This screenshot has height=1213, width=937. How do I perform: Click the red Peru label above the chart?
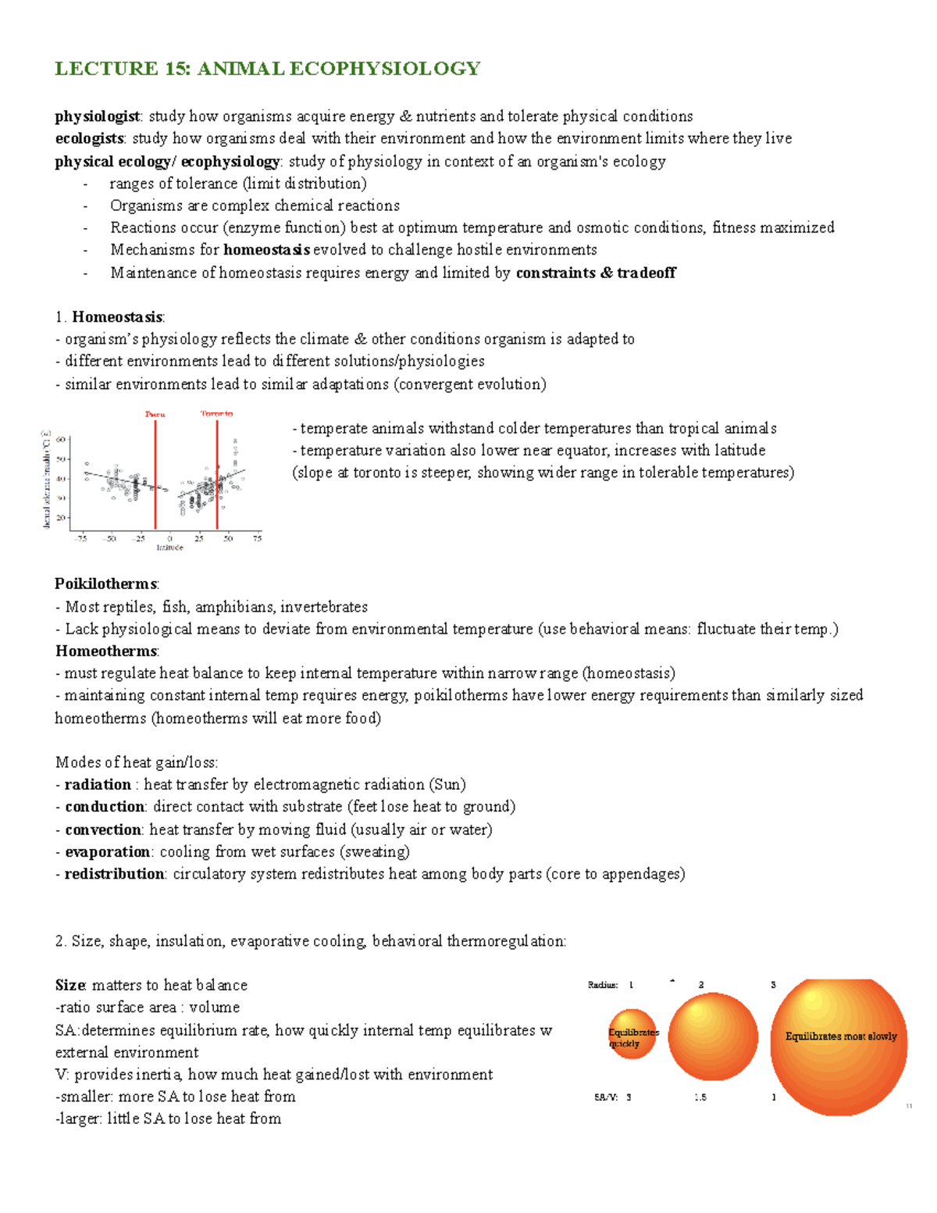(x=155, y=414)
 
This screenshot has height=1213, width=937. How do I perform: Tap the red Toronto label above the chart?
(x=216, y=413)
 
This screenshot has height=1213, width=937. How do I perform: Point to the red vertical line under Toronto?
(x=217, y=476)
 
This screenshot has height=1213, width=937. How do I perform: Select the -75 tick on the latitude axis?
(x=80, y=538)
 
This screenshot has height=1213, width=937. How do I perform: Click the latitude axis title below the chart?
(x=169, y=548)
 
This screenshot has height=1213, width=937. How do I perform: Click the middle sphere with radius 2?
(x=713, y=1036)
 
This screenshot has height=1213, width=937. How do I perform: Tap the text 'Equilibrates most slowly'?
(x=840, y=1036)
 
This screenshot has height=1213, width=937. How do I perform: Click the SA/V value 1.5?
(x=700, y=1097)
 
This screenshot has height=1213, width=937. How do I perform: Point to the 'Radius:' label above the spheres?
(x=603, y=985)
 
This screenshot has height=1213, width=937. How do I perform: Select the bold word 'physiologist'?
(x=98, y=116)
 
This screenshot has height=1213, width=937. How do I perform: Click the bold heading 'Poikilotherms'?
(x=106, y=584)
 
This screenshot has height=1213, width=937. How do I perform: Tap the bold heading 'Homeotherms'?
(x=106, y=651)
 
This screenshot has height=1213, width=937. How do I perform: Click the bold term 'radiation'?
(x=98, y=785)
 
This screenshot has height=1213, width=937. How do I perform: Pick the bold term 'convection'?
(x=103, y=829)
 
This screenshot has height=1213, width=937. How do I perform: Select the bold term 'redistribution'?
(x=114, y=874)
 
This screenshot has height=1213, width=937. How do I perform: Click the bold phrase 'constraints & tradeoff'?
(x=596, y=273)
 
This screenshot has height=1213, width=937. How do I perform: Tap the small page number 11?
(x=909, y=1106)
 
